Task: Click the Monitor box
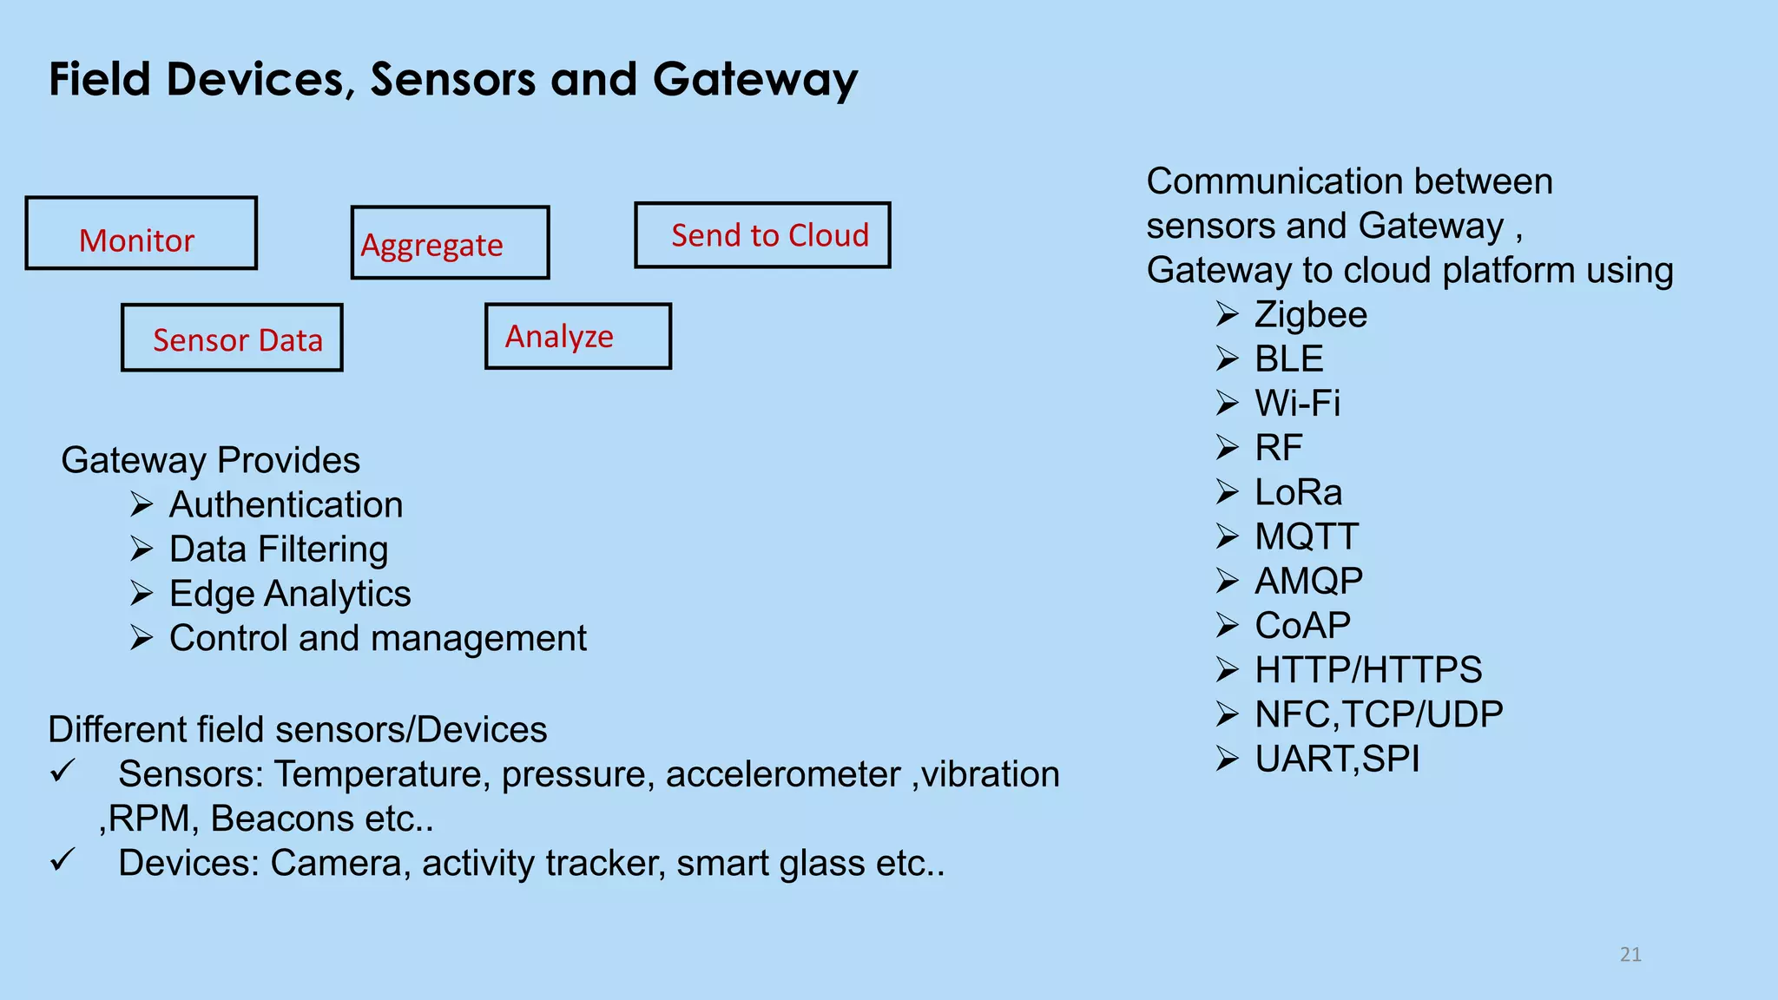(141, 234)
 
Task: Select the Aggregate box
(450, 243)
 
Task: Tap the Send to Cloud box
(762, 235)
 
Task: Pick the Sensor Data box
(232, 338)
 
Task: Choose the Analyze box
(577, 336)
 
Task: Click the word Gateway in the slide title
(754, 80)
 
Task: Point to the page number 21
(1630, 955)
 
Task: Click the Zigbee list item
(1310, 314)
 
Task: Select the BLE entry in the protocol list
(1288, 359)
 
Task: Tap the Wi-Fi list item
(1297, 403)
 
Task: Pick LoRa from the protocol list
(1298, 492)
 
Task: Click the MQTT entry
(1307, 536)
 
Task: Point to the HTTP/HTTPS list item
(1368, 669)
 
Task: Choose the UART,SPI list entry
(1337, 759)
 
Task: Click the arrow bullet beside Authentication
(142, 503)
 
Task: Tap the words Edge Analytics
(290, 594)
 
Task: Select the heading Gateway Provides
(210, 460)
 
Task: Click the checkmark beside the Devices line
(63, 859)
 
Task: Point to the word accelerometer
(783, 774)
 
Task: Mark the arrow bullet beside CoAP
(1227, 624)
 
